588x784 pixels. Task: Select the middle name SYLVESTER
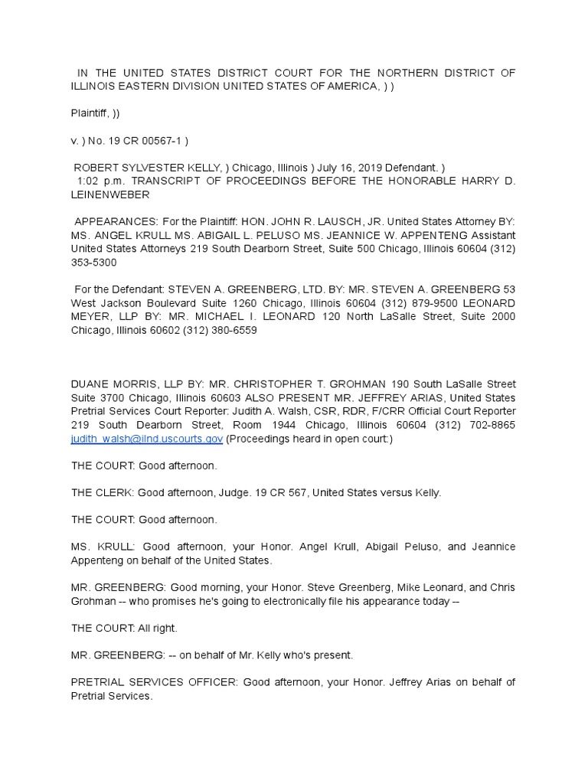click(x=151, y=168)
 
